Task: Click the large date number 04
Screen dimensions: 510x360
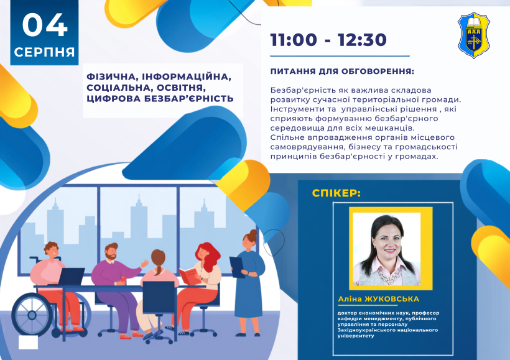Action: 45,25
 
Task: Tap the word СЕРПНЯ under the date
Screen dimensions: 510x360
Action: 45,52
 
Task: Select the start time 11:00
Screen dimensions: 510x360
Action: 294,40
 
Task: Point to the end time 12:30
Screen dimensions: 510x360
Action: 362,40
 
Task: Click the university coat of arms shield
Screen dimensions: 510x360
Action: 473,35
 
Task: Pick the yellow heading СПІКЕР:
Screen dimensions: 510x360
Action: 336,193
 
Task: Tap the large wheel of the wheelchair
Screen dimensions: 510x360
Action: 32,315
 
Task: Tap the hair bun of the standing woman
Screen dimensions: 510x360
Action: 253,233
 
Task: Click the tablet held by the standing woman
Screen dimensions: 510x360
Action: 236,267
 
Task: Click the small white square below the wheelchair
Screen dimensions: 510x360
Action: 28,343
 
